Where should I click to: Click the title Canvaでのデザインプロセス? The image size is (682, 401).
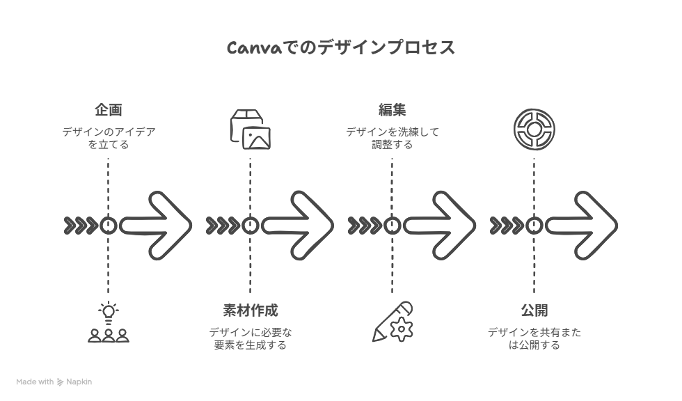[x=341, y=47]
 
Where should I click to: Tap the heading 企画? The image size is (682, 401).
[x=109, y=109]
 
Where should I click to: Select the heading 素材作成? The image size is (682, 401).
[x=250, y=310]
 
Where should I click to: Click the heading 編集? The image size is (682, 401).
[x=392, y=109]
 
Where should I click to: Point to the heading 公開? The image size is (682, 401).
[x=534, y=310]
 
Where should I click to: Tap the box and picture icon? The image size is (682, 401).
[x=250, y=129]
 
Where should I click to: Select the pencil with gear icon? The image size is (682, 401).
[x=392, y=322]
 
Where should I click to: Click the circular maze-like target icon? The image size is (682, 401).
[x=534, y=129]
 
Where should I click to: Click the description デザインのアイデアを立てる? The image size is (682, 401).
[x=109, y=138]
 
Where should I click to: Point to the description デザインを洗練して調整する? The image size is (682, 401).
[x=392, y=138]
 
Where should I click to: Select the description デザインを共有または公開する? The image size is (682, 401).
[x=534, y=338]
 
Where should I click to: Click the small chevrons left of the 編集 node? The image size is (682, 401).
[x=365, y=226]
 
